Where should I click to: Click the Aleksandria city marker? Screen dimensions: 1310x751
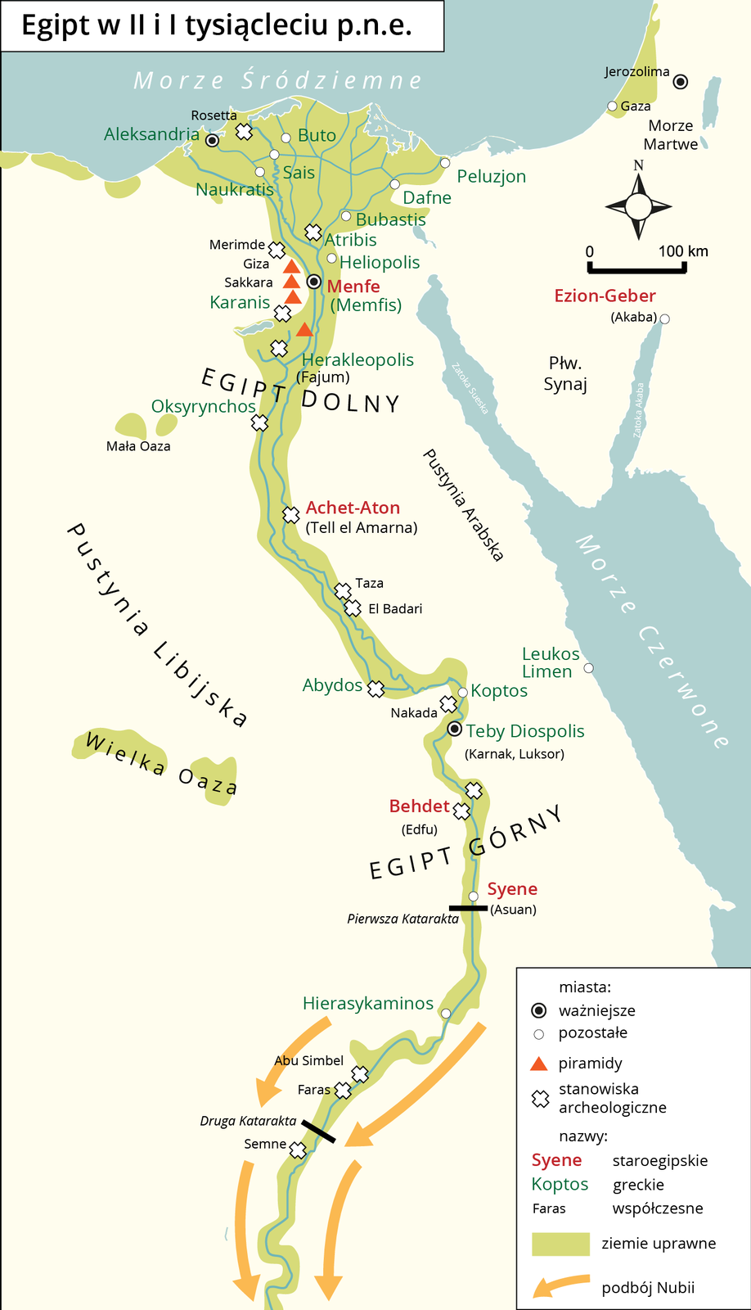pos(212,141)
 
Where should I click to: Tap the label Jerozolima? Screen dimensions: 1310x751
pos(636,72)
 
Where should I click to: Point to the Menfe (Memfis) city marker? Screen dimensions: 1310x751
pos(313,282)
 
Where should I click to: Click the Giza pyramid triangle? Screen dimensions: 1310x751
pos(291,266)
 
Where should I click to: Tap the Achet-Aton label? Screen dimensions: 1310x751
pos(353,508)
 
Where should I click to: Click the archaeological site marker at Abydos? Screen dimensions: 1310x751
pos(375,689)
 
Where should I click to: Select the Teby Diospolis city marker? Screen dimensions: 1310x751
pos(456,729)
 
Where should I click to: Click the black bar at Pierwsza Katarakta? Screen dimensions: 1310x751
pos(468,907)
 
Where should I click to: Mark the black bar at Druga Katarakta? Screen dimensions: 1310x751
pos(317,1132)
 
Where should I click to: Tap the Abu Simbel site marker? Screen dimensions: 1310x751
pos(360,1073)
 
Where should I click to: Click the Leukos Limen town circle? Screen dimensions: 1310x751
pos(588,668)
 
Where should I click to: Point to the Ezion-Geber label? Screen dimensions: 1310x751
pos(605,296)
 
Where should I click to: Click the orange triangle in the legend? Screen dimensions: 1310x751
pos(538,1064)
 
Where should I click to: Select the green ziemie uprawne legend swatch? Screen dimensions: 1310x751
pos(560,1244)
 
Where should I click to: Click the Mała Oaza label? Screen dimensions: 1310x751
pos(138,446)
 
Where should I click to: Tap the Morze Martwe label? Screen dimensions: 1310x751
pos(671,135)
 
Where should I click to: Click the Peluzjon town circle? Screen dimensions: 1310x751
pos(445,163)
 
